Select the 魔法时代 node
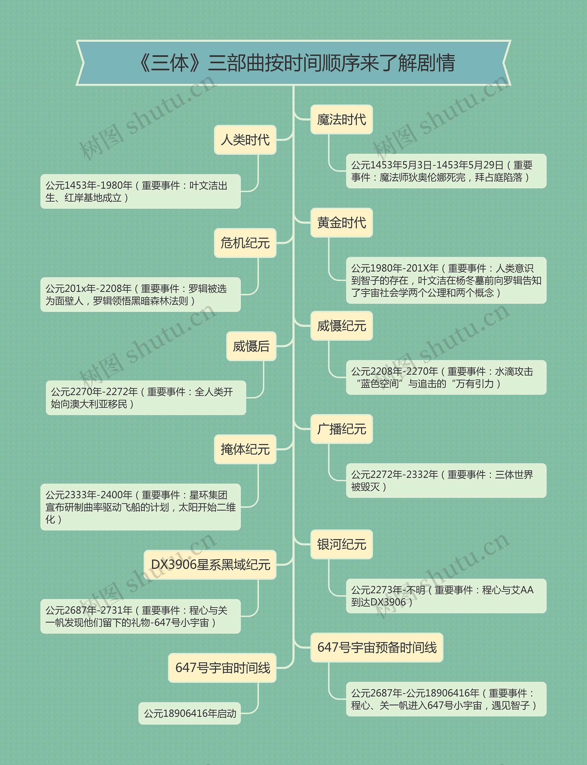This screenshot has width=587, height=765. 341,119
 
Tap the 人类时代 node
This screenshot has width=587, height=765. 245,140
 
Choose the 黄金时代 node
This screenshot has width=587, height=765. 341,222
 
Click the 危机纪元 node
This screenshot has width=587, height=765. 245,243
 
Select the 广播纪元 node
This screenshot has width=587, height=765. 341,429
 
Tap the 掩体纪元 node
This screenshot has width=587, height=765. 245,449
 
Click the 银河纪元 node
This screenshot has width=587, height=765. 341,544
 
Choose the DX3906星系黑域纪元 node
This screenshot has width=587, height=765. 210,565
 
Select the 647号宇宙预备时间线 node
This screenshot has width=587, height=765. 377,647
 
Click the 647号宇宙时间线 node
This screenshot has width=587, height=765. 222,668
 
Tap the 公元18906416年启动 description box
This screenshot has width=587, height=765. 190,713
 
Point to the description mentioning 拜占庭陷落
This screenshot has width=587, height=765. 446,171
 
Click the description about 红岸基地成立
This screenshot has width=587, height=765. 141,191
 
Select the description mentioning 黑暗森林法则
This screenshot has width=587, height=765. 141,294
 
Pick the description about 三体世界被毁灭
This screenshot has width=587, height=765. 446,480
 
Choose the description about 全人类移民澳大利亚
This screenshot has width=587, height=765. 146,398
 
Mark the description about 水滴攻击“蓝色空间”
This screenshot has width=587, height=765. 446,377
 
